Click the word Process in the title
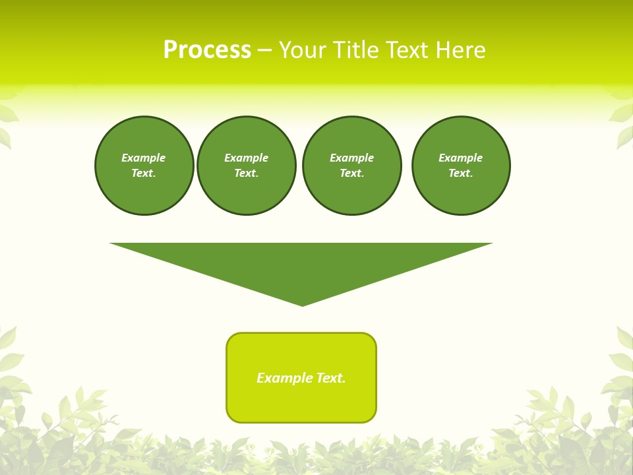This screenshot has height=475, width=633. pos(207,50)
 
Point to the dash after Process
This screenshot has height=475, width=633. pos(264,51)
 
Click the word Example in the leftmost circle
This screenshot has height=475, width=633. pos(144,158)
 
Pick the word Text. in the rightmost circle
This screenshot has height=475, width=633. pos(461,173)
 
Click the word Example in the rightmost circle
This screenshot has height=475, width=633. pos(461,158)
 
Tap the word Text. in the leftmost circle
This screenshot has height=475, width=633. pos(144,173)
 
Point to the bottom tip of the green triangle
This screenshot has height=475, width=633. pos(302,304)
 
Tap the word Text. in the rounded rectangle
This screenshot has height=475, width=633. pos(331,378)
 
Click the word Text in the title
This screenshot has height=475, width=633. pos(406,50)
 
